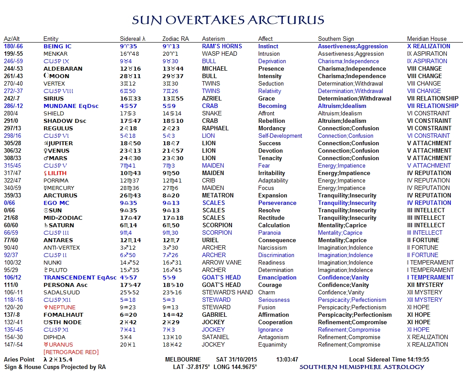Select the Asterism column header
[213, 39]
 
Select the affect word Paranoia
[269, 233]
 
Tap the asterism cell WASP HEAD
[220, 54]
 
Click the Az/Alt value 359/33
[13, 196]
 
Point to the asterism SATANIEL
[216, 337]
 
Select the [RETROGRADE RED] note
[71, 352]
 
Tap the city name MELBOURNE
[183, 360]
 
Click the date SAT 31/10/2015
[240, 360]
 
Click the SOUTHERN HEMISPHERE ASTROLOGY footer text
[362, 367]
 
